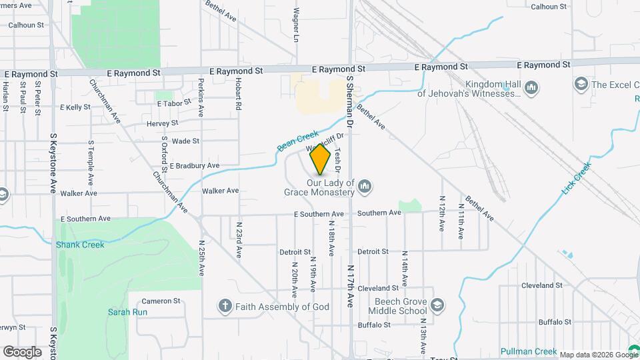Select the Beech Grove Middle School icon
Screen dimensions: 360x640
437,305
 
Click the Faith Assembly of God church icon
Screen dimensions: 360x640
225,306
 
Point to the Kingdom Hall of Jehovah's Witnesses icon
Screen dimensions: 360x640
531,87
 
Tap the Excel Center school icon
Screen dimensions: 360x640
580,85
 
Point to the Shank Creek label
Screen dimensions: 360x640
80,245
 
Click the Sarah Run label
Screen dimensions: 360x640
124,311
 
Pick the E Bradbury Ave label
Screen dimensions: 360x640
194,165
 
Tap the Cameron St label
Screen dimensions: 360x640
161,301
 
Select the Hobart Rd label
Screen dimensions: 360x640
237,97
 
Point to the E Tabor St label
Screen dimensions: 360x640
174,103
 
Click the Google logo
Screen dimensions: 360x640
22,351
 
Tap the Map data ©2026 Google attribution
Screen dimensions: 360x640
599,355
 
